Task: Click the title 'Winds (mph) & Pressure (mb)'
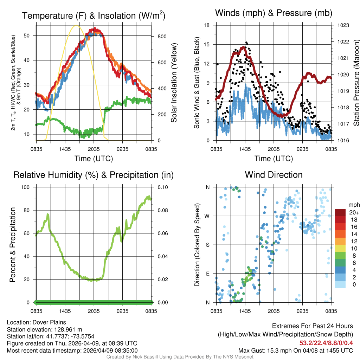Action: (274, 13)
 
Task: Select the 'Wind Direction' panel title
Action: (274, 175)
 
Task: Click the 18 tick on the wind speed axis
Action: (207, 25)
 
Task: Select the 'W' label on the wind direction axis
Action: (208, 216)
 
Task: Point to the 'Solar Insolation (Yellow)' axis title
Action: (174, 83)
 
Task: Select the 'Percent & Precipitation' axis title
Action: (13, 245)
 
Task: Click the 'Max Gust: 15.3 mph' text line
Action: (295, 350)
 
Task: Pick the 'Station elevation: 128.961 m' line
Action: (44, 329)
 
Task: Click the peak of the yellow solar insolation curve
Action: (76, 26)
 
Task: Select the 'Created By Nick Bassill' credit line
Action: (180, 357)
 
